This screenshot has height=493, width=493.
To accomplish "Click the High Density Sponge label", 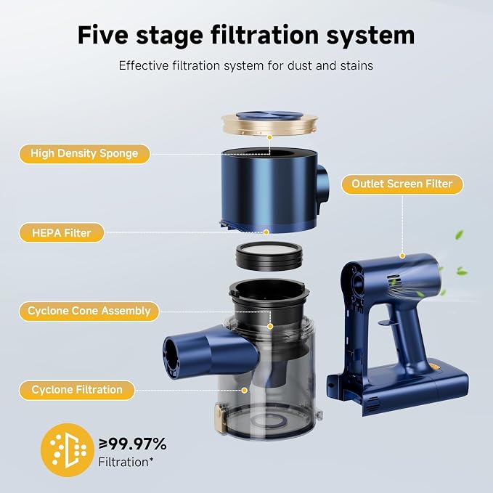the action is (x=84, y=154).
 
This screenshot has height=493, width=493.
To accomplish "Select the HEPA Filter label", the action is (x=62, y=233).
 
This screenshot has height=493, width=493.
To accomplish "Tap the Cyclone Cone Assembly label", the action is (x=89, y=311).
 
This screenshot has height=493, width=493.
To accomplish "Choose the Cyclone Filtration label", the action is (x=77, y=390).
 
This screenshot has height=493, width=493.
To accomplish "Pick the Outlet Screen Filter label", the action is (x=402, y=184).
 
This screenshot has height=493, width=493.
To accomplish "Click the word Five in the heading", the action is (x=103, y=35).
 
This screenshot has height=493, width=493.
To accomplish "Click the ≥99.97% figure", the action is (x=133, y=444).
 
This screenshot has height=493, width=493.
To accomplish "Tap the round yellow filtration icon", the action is (x=68, y=450).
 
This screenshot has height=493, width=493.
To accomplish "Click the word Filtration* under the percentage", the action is (x=126, y=463).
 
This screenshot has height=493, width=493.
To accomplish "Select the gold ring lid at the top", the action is (x=269, y=124).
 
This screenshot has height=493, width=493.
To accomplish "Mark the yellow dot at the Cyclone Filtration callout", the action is (x=244, y=391).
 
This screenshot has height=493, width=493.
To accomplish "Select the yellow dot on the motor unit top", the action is (x=402, y=256).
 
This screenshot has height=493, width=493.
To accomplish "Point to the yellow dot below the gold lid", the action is (x=269, y=137).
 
